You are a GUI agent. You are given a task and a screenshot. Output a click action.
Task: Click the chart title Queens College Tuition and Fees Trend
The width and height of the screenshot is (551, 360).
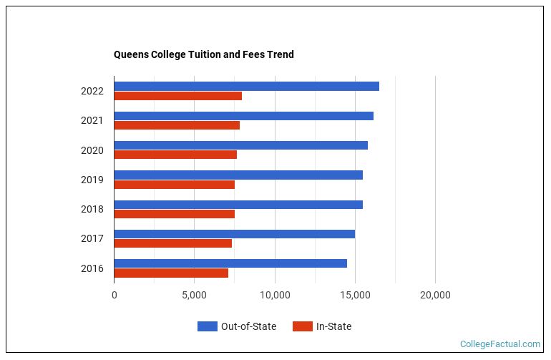click(203, 54)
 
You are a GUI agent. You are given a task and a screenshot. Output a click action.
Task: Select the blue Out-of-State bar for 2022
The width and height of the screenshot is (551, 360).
click(246, 87)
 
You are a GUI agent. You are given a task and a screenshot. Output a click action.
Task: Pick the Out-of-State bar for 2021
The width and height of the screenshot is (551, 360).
click(243, 116)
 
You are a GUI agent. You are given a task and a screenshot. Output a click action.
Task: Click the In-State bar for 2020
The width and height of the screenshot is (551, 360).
click(175, 155)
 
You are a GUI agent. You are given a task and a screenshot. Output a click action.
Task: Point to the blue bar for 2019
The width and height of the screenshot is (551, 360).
click(238, 175)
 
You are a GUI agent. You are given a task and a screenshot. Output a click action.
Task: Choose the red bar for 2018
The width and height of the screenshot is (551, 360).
click(174, 213)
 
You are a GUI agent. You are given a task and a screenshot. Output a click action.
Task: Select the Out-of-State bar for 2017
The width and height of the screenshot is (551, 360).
click(234, 234)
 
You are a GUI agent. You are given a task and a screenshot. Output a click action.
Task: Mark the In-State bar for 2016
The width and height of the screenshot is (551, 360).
click(171, 273)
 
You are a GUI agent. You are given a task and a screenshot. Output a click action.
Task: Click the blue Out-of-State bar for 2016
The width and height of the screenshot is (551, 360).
click(230, 263)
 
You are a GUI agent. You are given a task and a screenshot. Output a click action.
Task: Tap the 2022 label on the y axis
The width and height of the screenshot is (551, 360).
click(92, 91)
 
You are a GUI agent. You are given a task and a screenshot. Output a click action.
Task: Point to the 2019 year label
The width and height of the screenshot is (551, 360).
click(92, 180)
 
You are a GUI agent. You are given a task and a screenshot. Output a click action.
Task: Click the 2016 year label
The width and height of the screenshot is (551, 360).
click(92, 268)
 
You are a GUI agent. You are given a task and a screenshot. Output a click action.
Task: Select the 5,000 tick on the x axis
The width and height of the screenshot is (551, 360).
click(194, 294)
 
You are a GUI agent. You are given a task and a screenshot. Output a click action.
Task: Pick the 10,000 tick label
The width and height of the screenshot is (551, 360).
click(274, 294)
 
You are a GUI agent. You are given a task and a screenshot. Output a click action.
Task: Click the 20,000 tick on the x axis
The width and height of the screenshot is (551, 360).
click(434, 294)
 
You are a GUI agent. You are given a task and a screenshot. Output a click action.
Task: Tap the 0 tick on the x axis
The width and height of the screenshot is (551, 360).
click(114, 294)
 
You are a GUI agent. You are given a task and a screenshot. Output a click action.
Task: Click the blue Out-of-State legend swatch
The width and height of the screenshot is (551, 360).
click(207, 326)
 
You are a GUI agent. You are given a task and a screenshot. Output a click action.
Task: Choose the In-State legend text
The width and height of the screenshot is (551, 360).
click(333, 326)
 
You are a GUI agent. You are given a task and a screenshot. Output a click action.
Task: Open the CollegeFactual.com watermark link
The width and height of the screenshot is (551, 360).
click(499, 344)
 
